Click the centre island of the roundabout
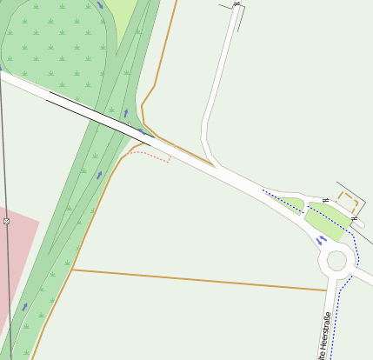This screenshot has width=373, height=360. point(334,260)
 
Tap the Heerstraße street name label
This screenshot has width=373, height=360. point(323,336)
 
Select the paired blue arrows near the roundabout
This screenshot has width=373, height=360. point(321,238)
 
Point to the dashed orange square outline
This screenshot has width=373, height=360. point(348,206)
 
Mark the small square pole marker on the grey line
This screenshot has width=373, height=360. point(6,222)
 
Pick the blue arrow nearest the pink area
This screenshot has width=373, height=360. point(24,306)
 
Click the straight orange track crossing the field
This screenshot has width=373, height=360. point(200,279)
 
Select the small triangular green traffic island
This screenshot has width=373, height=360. point(292,204)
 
